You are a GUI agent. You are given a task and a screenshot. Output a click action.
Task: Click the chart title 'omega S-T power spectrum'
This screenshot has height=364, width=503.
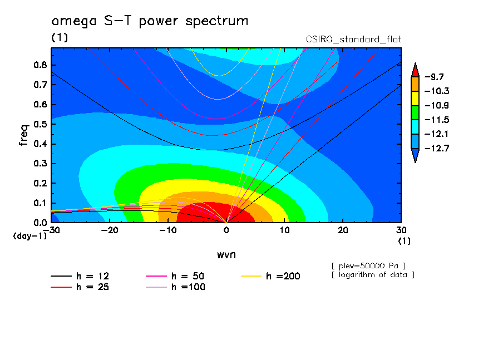(x=149, y=21)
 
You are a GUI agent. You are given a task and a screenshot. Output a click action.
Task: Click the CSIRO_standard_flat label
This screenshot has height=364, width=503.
(x=353, y=39)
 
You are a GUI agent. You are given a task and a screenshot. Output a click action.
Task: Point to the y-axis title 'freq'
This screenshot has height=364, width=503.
(x=23, y=135)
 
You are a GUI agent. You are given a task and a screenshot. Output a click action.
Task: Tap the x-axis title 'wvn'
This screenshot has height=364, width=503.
(x=226, y=254)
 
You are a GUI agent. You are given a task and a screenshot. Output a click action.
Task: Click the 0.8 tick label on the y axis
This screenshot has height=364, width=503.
(x=40, y=64)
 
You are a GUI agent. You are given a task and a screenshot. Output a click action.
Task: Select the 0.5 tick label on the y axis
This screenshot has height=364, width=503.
(x=40, y=124)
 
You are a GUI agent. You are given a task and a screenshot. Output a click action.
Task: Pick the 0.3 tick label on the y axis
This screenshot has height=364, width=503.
(x=40, y=163)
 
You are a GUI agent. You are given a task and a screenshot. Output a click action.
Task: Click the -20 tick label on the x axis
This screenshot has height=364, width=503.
(x=109, y=230)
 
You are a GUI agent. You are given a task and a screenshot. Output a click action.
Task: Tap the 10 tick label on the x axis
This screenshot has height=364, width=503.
(x=284, y=230)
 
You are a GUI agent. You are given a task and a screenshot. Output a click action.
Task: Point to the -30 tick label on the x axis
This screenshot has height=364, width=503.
(x=51, y=230)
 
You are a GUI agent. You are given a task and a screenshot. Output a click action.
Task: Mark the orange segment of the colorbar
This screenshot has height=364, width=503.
(x=415, y=83)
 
